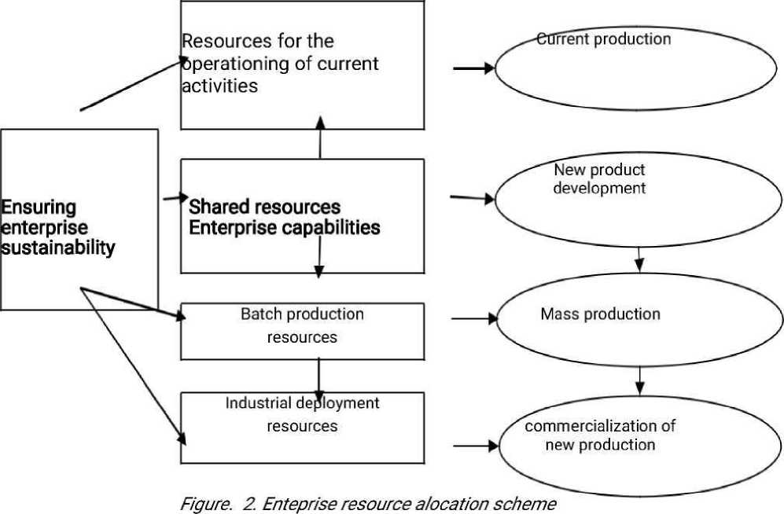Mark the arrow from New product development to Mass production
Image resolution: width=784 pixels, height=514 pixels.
(639, 258)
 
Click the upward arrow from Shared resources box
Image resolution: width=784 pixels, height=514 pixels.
(320, 138)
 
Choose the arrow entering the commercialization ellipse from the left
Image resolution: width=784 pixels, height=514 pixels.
(477, 446)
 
